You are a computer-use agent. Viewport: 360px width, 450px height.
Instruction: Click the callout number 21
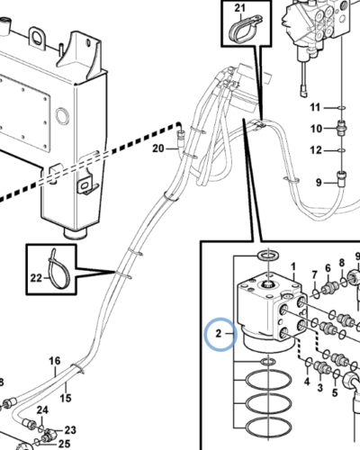239,8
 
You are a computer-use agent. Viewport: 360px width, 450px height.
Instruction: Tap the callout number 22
36,278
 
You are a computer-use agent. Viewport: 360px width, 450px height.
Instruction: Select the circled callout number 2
219,333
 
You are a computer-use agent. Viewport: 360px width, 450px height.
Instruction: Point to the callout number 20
158,148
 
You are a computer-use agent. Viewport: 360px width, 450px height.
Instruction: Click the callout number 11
315,107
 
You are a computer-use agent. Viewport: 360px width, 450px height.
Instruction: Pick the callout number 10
316,129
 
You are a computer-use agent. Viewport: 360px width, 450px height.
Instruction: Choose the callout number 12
316,150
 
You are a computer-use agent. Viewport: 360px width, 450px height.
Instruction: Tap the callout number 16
55,361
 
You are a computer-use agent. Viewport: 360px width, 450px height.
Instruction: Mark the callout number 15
66,398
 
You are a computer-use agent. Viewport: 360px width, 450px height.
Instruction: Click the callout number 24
42,409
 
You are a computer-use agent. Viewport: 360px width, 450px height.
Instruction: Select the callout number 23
70,430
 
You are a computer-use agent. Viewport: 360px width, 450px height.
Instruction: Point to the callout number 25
64,444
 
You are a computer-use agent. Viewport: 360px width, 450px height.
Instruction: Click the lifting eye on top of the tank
38,37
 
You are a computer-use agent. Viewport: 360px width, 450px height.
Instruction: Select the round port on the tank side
62,116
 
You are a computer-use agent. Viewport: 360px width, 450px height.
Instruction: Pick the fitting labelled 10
342,126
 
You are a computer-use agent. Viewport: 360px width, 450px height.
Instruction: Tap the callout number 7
314,274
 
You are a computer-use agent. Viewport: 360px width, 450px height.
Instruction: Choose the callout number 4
307,382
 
